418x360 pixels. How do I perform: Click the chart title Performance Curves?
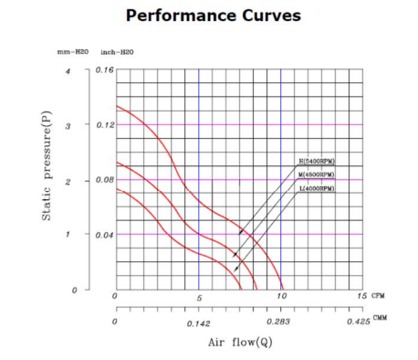tap(209, 16)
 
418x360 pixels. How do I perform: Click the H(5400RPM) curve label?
tap(316, 161)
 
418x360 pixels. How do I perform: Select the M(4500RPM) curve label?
tap(316, 175)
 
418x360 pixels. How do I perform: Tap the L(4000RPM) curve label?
tap(316, 188)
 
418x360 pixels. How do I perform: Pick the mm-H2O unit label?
tap(72, 54)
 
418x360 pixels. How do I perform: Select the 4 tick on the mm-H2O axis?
tap(66, 70)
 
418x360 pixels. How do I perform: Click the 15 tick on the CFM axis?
tap(362, 297)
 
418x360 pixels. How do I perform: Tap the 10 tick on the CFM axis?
tap(281, 297)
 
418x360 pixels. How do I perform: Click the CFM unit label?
tap(380, 297)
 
